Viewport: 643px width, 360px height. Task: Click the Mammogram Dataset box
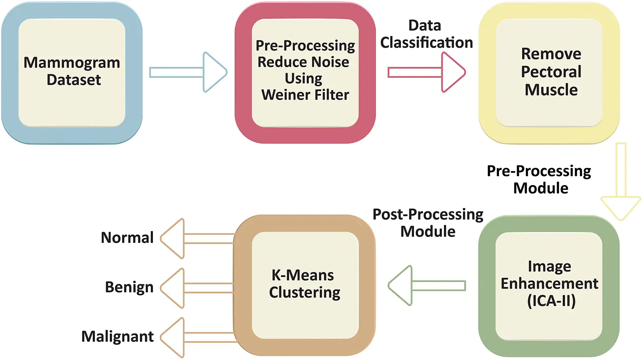[x=72, y=73]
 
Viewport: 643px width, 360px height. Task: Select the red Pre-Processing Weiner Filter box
[x=305, y=73]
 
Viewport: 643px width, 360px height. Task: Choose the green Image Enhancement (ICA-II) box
[x=549, y=286]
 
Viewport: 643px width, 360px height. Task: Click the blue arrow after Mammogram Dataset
[x=188, y=72]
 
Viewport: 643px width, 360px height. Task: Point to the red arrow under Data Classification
[x=426, y=72]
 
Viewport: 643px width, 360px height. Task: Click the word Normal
[x=127, y=238]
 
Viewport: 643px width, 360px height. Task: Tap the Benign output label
[x=129, y=287]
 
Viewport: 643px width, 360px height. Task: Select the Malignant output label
[x=117, y=337]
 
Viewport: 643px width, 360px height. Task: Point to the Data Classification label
[x=426, y=34]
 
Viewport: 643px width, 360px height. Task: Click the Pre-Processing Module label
[x=539, y=179]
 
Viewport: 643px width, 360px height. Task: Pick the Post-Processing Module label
[x=428, y=223]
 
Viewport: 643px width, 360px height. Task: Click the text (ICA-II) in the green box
[x=551, y=301]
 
